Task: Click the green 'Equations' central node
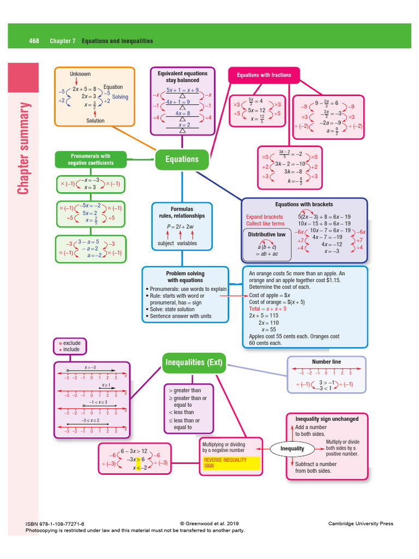click(x=182, y=159)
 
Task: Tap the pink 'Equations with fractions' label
click(x=264, y=75)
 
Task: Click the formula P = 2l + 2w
click(x=182, y=227)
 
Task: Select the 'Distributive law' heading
click(x=266, y=235)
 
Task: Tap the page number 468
click(x=34, y=41)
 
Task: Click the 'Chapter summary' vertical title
click(x=23, y=147)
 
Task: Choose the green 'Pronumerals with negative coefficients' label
click(x=90, y=159)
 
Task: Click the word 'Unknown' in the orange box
click(x=80, y=74)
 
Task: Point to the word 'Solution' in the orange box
click(x=95, y=121)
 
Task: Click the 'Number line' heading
click(x=326, y=362)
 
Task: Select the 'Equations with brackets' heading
click(x=304, y=205)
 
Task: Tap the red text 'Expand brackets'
click(x=265, y=217)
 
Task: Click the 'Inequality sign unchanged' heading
click(x=327, y=419)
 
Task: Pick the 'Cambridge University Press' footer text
click(x=360, y=524)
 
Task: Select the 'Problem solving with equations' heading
click(x=185, y=277)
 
